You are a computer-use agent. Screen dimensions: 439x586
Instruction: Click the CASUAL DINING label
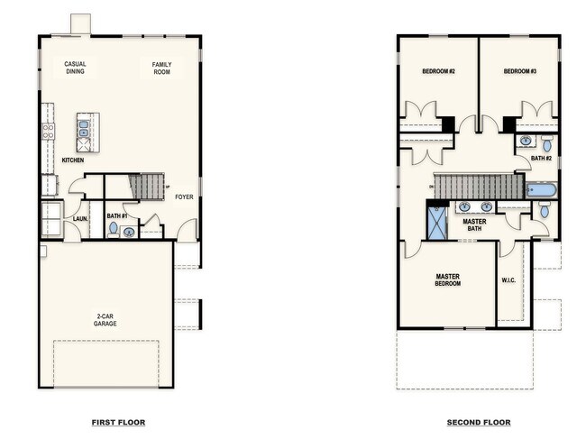tap(75, 68)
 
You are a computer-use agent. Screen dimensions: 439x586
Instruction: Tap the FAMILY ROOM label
tap(161, 68)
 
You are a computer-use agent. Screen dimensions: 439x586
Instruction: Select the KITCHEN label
tap(73, 160)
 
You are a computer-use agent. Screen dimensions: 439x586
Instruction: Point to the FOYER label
tap(184, 197)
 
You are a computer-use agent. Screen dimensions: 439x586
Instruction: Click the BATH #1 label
tap(114, 216)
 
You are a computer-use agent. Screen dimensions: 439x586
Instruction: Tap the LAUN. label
tap(79, 218)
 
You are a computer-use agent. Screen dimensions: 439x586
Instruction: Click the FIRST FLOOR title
tap(118, 422)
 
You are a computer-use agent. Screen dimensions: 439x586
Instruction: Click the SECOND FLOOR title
tap(479, 422)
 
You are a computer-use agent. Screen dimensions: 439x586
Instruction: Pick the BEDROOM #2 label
tap(438, 71)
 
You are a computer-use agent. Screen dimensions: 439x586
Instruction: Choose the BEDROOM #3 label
tap(519, 71)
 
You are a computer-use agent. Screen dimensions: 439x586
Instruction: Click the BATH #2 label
tap(541, 159)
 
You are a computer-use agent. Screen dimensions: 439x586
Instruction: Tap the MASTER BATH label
tap(475, 224)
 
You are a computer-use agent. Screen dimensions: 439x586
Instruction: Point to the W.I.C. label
tap(508, 280)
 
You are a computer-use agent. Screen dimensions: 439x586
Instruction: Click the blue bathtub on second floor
tap(541, 190)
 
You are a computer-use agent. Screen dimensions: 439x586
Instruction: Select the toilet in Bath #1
tap(114, 229)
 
